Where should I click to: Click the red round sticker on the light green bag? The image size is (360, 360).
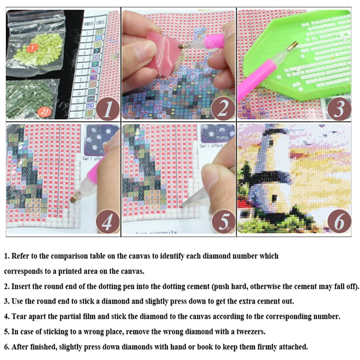click(x=32, y=47)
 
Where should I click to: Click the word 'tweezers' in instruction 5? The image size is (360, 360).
click(x=247, y=332)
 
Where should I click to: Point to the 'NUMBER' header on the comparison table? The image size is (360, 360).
click(x=91, y=22)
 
